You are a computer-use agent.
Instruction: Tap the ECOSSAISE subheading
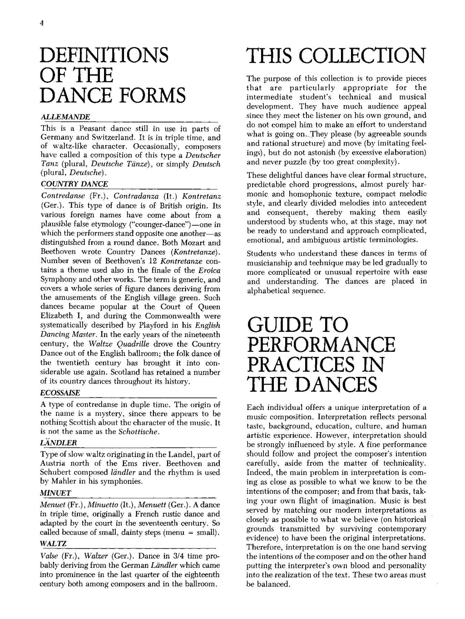60,393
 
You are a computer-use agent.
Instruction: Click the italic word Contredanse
60,196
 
